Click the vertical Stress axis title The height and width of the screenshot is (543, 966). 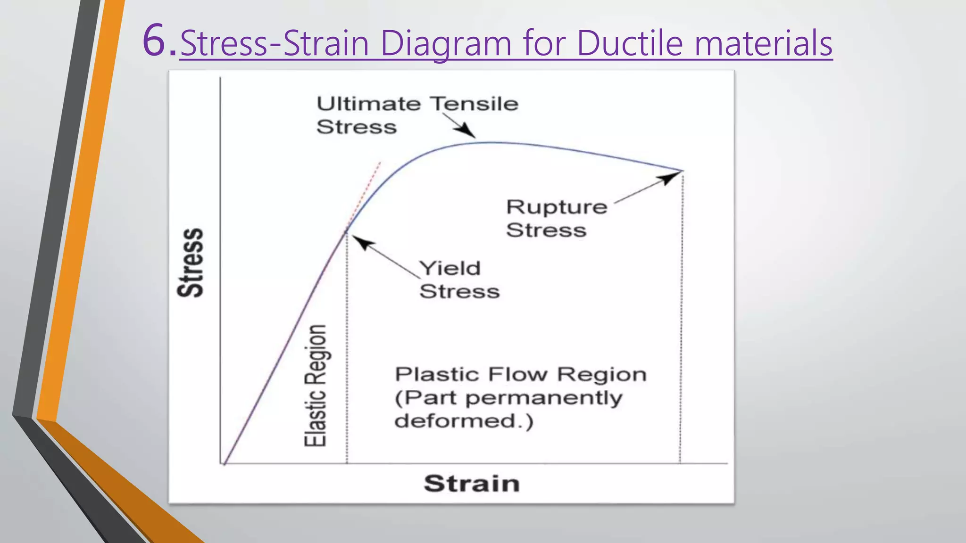[x=191, y=263]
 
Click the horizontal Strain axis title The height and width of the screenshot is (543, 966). [x=471, y=484]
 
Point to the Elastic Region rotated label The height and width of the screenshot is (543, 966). [x=315, y=385]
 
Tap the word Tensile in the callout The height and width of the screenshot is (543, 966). [x=474, y=104]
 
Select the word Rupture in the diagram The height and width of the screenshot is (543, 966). [x=557, y=207]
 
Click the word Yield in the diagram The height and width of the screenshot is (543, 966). [x=450, y=268]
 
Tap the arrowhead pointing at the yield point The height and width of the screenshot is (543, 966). [x=361, y=241]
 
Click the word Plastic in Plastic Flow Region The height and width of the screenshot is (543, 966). [x=436, y=374]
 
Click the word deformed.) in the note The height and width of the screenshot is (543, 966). [x=464, y=420]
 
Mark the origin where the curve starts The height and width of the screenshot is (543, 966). [x=225, y=463]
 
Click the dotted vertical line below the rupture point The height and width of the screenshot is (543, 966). [x=681, y=321]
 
